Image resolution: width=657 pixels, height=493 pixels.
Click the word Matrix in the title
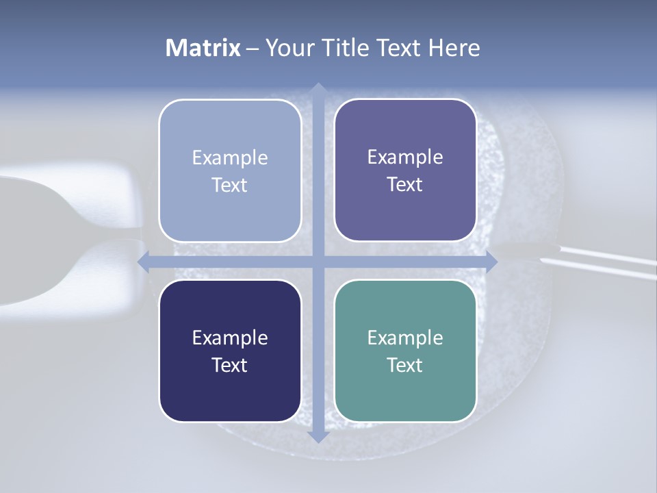coord(203,48)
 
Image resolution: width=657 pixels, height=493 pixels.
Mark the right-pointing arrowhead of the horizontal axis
coord(491,261)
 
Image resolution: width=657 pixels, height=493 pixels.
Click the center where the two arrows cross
coord(318,261)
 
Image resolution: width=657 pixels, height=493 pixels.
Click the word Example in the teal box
coord(405,338)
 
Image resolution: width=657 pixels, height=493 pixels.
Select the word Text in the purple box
coord(405,185)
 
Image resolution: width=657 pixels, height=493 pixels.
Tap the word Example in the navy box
coord(230,338)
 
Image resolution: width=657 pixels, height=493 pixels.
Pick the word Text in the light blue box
coord(230,186)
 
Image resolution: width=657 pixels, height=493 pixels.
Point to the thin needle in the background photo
coord(602,264)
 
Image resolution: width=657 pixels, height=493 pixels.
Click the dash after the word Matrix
coord(253,49)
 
